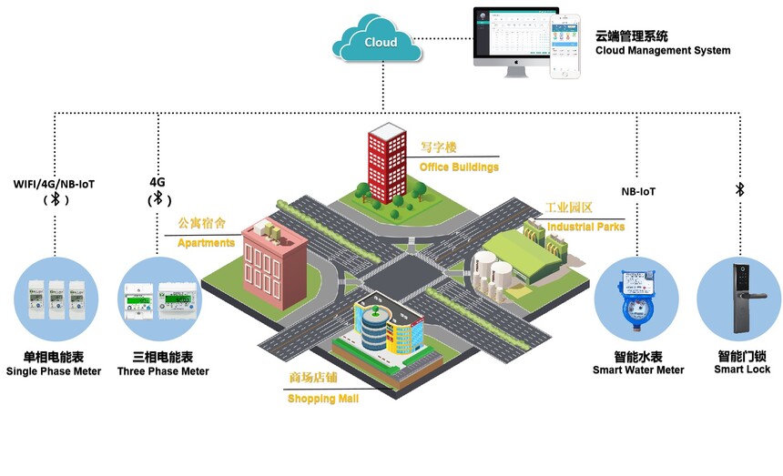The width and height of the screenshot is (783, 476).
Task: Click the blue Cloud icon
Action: pos(380,43)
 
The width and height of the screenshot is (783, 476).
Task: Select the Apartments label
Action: pos(206,243)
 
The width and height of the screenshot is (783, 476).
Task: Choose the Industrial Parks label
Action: pos(585,227)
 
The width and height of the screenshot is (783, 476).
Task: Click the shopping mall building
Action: pos(387,327)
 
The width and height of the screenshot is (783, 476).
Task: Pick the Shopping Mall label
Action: pos(323,399)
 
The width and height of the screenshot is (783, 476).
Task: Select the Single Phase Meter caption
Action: pos(54,371)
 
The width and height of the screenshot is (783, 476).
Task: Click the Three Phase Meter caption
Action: pos(163,371)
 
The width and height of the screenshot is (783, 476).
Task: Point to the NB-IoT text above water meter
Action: pos(638,192)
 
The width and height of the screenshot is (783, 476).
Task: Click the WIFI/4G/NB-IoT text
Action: pos(54,184)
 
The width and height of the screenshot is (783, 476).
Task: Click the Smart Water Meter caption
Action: pos(637,370)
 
